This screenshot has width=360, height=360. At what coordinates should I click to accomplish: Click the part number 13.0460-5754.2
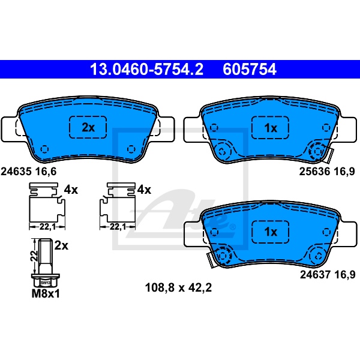pyautogui.click(x=146, y=70)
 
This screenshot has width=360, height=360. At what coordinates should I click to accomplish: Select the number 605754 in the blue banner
pyautogui.click(x=250, y=70)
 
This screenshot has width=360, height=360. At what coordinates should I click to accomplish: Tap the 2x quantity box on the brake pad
pyautogui.click(x=88, y=127)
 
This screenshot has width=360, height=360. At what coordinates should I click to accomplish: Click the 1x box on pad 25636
pyautogui.click(x=270, y=128)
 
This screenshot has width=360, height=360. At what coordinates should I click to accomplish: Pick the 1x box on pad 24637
pyautogui.click(x=270, y=232)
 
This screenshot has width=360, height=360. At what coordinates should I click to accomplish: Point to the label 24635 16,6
pyautogui.click(x=29, y=172)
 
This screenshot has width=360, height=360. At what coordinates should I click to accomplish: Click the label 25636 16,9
pyautogui.click(x=327, y=171)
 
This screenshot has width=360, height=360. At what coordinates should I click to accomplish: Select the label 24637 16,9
pyautogui.click(x=328, y=274)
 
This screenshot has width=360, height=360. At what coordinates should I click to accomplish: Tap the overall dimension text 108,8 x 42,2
pyautogui.click(x=178, y=287)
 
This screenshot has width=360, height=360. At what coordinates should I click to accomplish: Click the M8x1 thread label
pyautogui.click(x=46, y=293)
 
